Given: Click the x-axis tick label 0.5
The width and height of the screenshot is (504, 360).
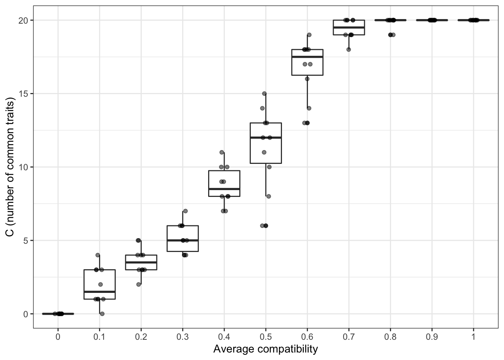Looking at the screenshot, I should (x=265, y=337).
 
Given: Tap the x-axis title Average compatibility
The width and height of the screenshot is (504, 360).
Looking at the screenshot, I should (x=265, y=349).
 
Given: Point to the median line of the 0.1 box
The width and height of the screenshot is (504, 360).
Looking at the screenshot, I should (x=99, y=291).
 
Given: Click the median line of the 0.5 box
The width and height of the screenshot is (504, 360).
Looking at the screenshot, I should (x=265, y=138).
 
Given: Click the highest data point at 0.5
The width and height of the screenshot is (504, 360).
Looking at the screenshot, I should (x=264, y=93).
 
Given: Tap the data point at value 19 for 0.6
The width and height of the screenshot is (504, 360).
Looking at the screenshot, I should (x=309, y=35).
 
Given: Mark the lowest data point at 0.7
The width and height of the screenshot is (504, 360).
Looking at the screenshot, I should (x=348, y=49).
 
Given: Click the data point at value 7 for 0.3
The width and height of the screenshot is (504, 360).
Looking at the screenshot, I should (x=185, y=211).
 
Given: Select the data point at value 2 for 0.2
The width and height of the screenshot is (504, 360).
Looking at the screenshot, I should (x=138, y=284).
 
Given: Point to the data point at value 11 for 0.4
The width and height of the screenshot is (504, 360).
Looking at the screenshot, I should (x=222, y=152).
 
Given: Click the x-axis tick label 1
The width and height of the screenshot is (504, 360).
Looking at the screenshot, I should (x=473, y=337).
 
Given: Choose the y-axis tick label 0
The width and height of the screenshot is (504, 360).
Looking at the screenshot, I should (x=25, y=314).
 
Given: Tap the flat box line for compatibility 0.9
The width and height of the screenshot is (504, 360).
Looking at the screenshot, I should (x=432, y=20).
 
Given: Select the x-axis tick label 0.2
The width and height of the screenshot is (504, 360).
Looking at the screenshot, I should (x=141, y=337).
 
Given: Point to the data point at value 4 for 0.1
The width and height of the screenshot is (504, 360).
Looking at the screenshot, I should (x=98, y=255).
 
